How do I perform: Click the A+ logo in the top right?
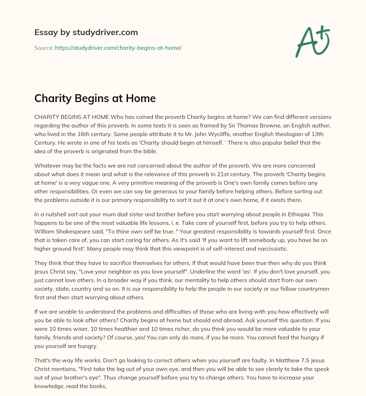click(x=312, y=41)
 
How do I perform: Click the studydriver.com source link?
click(x=118, y=48)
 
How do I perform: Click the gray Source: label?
click(x=44, y=48)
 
